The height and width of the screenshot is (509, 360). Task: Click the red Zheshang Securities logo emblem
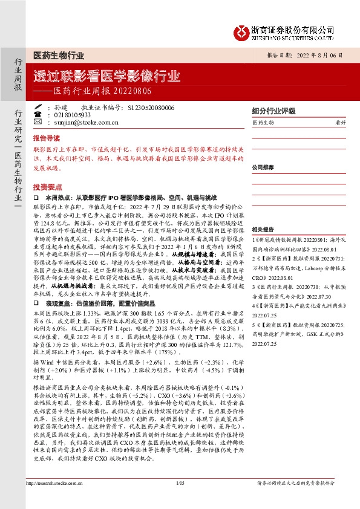click(x=243, y=31)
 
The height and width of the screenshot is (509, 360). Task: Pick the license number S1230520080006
click(x=151, y=108)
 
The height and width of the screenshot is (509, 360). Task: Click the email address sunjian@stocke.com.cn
click(x=82, y=122)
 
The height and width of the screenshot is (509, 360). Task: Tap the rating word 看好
click(x=340, y=123)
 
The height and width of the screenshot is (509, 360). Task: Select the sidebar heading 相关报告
click(x=264, y=230)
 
